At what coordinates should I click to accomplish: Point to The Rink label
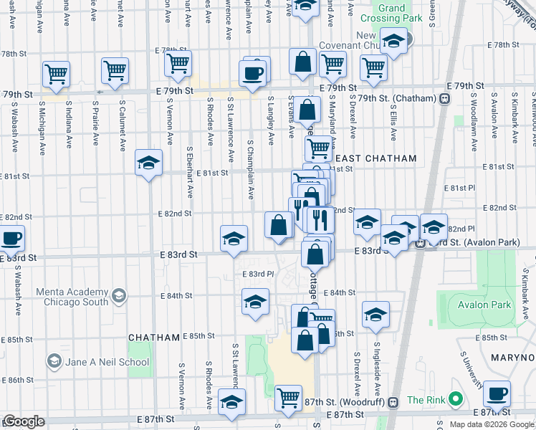point(426,400)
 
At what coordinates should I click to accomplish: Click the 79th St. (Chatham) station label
point(397,98)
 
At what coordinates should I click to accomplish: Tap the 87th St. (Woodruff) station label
point(349,402)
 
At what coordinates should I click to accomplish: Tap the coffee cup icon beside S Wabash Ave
point(10,238)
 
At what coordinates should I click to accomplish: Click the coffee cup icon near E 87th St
point(497,393)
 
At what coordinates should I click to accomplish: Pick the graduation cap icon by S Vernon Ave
point(148,163)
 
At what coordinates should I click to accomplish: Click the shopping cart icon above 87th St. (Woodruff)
point(288,396)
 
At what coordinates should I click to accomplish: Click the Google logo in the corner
point(23,421)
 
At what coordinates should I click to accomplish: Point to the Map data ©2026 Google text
point(490,424)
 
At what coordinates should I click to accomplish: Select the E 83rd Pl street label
point(261,274)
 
